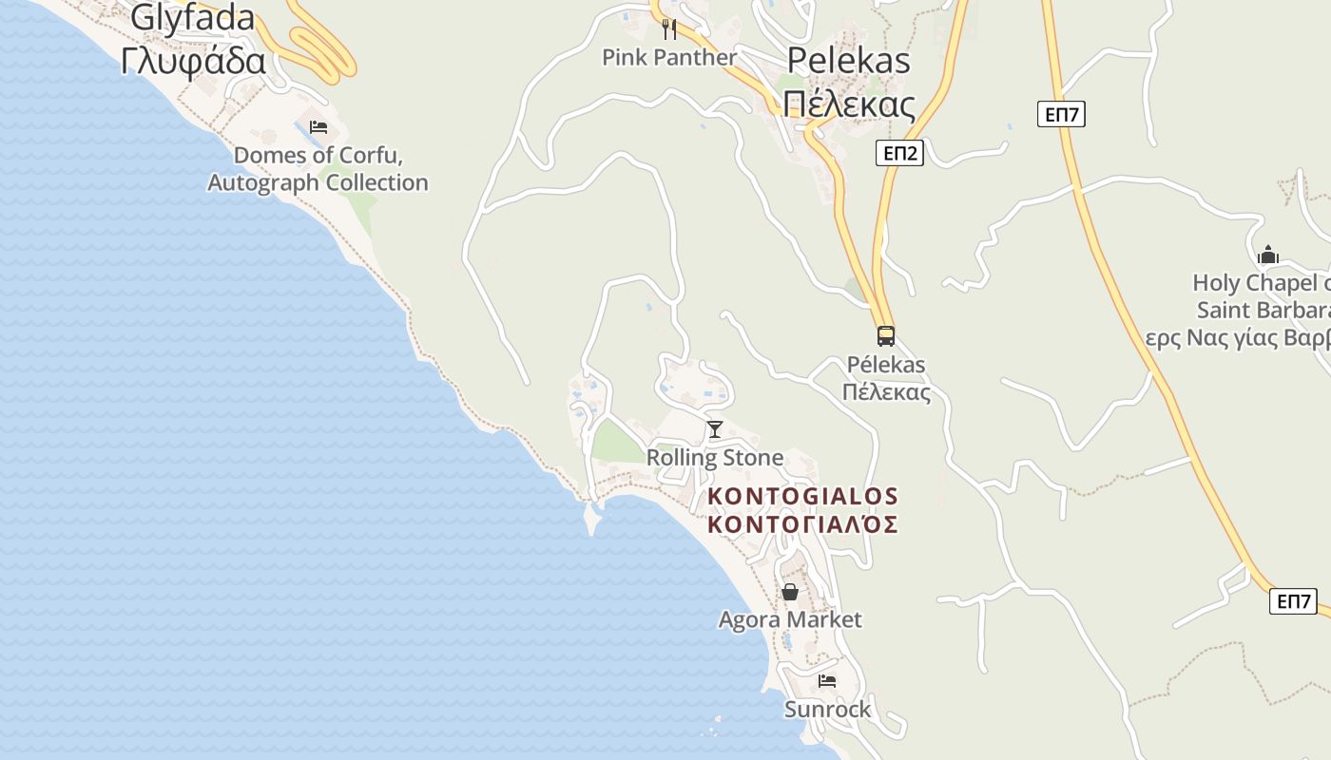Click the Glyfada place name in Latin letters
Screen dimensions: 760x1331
[x=193, y=17]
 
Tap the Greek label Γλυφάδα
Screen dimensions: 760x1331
[x=193, y=61]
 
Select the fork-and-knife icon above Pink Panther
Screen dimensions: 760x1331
[x=669, y=28]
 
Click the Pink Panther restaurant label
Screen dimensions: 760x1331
[x=669, y=58]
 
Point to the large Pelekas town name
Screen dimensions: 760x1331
[x=848, y=61]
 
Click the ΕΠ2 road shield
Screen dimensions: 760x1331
[x=899, y=153]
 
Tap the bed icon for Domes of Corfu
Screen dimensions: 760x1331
[x=318, y=127]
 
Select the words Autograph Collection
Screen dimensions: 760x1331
[x=318, y=182]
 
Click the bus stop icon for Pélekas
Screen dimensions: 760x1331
[x=886, y=335]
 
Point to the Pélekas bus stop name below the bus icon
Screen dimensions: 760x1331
[x=886, y=365]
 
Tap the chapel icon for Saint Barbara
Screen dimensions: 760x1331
[x=1268, y=255]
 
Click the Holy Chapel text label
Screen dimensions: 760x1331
[x=1261, y=283]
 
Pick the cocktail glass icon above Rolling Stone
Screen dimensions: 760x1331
[x=715, y=429]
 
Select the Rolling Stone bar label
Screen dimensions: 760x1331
[x=715, y=458]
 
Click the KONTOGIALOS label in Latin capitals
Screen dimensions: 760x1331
[x=803, y=496]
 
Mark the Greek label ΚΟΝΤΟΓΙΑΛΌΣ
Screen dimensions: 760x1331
[x=803, y=524]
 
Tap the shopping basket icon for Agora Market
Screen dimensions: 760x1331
[x=790, y=593]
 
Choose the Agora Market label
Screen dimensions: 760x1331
[x=790, y=620]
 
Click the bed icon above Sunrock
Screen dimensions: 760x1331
[x=827, y=681]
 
